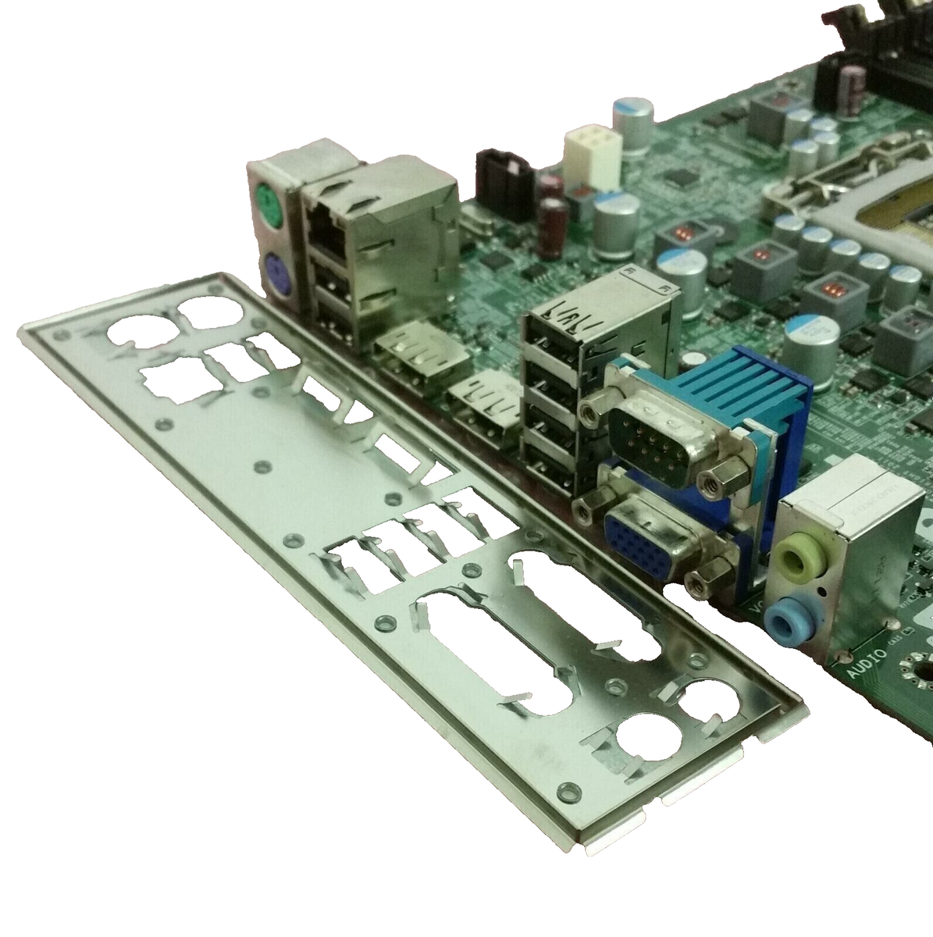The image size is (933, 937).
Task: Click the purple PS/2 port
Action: [277, 273]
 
